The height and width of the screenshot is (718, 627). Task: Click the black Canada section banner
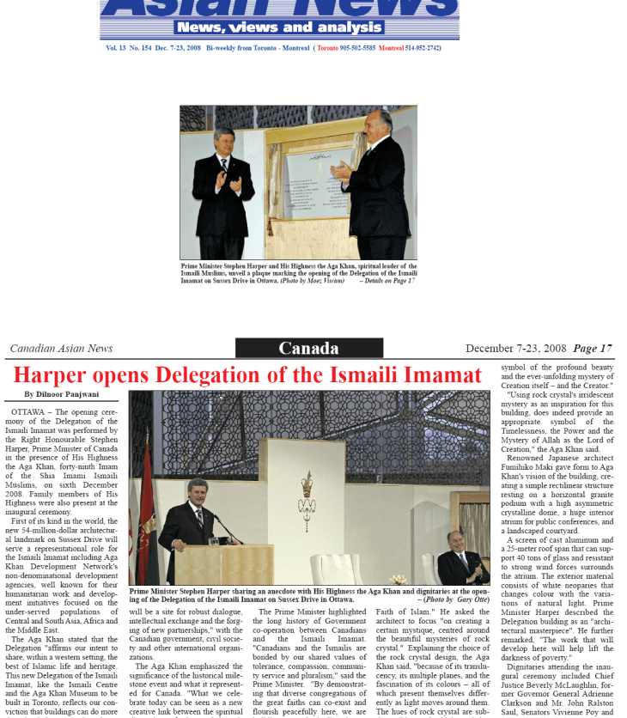tap(308, 349)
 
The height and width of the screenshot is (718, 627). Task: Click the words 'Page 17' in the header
tap(593, 349)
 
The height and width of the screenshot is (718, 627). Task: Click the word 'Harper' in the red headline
tap(58, 375)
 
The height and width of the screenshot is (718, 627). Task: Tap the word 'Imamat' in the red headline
tap(439, 375)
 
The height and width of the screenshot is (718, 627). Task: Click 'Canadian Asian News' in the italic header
tap(61, 349)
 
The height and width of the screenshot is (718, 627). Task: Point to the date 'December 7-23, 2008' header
tap(516, 349)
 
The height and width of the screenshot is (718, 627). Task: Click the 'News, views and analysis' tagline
tap(280, 27)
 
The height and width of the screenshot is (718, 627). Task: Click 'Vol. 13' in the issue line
tap(117, 48)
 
